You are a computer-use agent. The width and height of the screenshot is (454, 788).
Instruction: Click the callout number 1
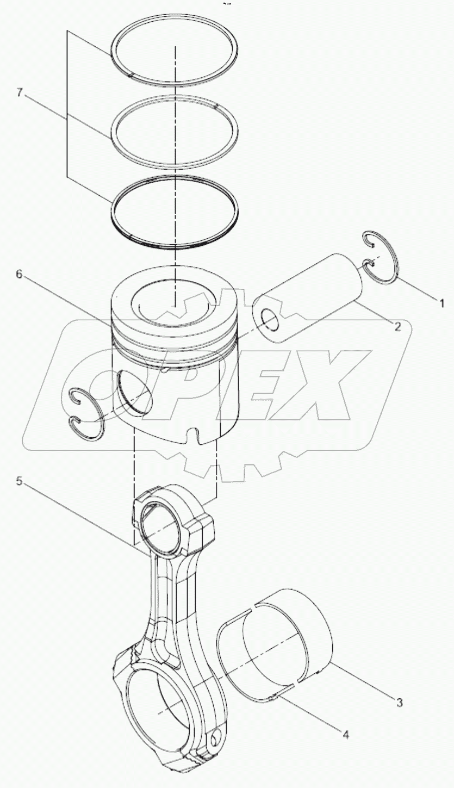(442, 301)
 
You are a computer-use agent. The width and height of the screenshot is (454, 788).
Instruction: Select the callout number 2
(398, 326)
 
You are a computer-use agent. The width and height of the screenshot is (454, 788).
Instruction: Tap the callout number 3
(400, 702)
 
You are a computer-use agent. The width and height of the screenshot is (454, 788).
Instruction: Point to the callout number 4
(345, 734)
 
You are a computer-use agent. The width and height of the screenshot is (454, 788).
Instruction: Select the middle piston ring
(111, 131)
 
